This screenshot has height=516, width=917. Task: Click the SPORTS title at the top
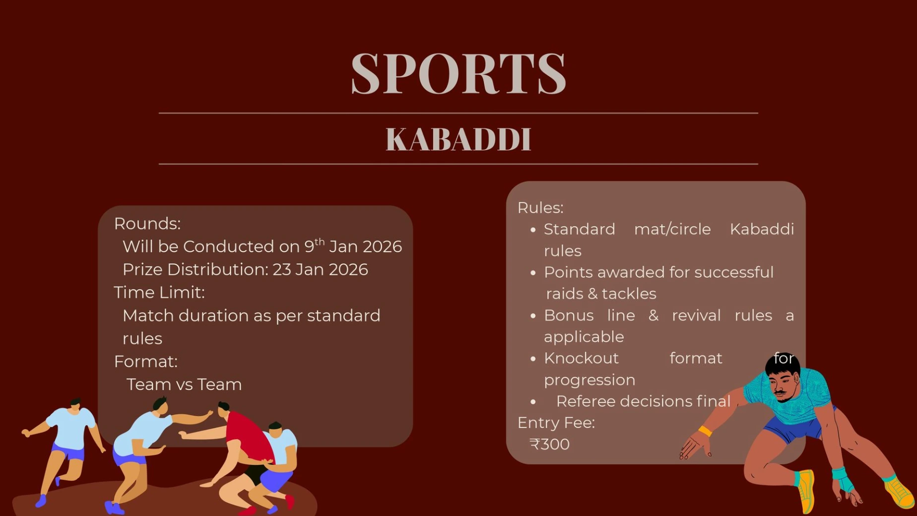[x=458, y=73]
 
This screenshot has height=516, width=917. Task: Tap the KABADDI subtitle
[x=458, y=139]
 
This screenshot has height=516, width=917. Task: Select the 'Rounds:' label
[x=147, y=223]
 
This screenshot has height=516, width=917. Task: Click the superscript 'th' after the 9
[x=320, y=241]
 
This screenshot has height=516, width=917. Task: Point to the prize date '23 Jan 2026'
[x=320, y=269]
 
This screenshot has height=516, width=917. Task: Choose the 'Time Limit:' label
[x=159, y=293]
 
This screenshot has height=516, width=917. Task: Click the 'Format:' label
[x=146, y=362]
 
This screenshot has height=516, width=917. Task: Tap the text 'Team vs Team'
[x=184, y=384]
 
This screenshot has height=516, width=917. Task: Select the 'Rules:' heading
[x=540, y=208]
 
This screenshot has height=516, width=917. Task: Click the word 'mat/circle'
[x=672, y=229]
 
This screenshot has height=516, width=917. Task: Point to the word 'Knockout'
[x=581, y=358]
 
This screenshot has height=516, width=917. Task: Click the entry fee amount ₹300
[x=549, y=444]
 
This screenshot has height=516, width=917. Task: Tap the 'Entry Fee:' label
[x=556, y=423]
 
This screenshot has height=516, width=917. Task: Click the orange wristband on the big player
[x=705, y=431]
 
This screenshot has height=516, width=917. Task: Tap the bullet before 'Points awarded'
[x=533, y=273]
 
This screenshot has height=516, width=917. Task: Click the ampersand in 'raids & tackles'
[x=592, y=294]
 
